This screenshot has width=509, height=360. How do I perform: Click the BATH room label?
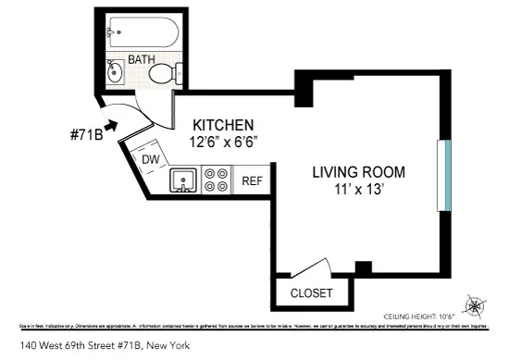(142, 59)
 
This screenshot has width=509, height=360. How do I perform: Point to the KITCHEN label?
(222, 126)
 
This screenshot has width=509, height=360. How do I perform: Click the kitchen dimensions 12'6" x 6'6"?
(222, 143)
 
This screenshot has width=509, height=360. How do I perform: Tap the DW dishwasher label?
(151, 159)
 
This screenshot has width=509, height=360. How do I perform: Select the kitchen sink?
(184, 180)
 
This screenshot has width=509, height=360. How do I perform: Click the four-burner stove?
(216, 179)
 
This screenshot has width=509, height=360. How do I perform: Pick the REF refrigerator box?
(252, 180)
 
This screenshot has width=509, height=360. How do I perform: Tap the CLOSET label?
(311, 293)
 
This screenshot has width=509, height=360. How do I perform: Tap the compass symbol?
(476, 306)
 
